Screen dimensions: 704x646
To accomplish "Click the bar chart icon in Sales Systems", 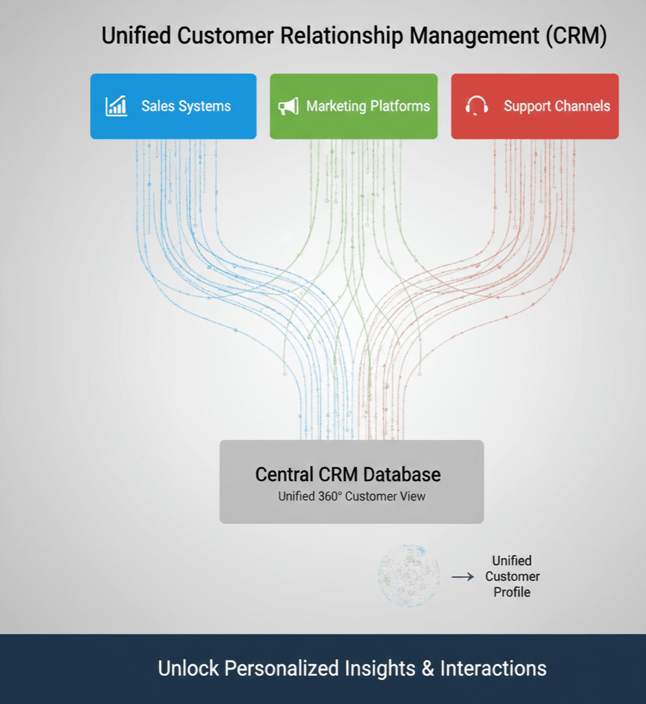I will (x=116, y=106).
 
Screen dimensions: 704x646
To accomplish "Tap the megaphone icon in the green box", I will (x=288, y=106).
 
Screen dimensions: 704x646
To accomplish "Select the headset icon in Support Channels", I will (x=476, y=106).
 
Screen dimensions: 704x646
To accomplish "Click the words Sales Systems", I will (x=186, y=106).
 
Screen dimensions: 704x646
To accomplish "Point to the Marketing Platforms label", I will (x=368, y=106).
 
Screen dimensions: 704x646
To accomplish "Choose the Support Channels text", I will (x=557, y=106).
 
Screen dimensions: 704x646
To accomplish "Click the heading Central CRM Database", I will (x=347, y=474).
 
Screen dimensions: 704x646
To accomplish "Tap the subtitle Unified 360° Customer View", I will (x=352, y=496).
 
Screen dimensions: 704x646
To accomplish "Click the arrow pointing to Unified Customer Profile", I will (x=462, y=577).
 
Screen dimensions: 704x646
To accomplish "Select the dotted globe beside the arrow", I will (x=409, y=576).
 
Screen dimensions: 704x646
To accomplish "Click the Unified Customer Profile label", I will (x=512, y=576).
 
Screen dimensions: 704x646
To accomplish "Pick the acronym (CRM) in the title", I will (x=577, y=36).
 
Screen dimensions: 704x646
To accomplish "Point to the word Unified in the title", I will (x=136, y=36).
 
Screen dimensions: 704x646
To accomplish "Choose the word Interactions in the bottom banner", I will (x=493, y=668).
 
